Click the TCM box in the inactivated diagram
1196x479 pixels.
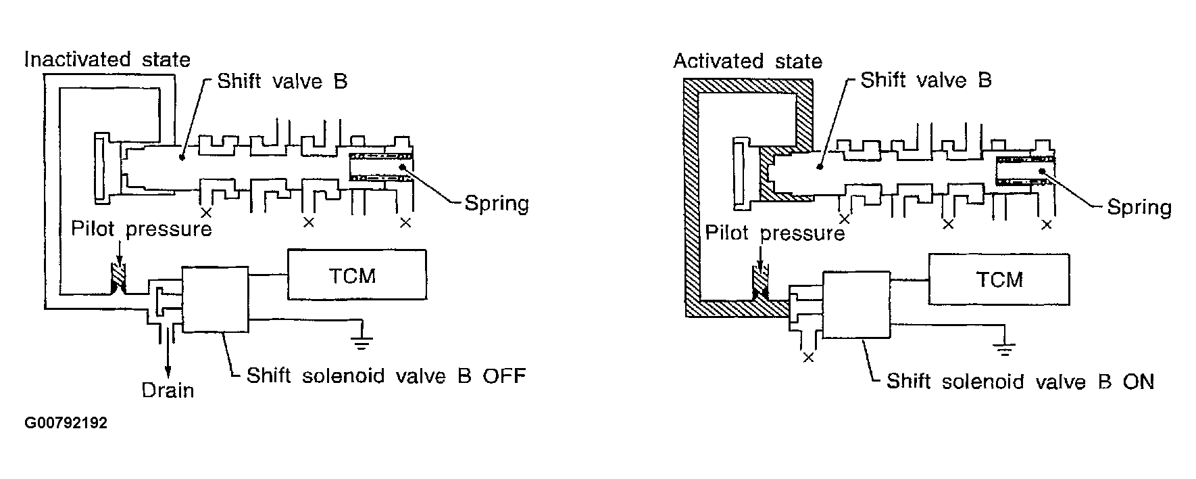357,274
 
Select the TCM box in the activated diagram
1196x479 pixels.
999,279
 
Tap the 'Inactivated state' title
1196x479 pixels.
107,60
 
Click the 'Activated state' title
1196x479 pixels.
747,62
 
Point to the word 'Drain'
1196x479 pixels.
168,390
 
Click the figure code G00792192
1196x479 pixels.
66,424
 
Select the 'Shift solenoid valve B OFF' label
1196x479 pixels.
385,375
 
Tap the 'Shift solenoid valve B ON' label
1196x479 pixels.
1020,382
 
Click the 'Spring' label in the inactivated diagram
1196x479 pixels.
497,203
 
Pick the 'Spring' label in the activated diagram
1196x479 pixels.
1139,207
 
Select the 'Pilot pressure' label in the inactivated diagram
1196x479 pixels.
141,229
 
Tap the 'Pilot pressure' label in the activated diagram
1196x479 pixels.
775,233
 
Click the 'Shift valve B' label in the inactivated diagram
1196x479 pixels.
282,82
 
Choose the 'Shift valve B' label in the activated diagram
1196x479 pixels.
926,81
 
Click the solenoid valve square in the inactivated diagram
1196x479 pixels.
215,299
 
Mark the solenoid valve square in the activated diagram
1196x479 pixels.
855,304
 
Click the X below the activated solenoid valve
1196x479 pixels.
808,357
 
